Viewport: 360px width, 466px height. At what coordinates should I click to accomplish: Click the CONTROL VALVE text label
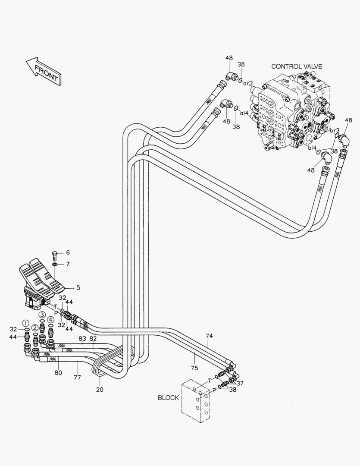click(297, 66)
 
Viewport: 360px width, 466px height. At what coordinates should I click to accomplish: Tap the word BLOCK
click(168, 397)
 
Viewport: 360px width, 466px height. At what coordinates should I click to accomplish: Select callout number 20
click(100, 390)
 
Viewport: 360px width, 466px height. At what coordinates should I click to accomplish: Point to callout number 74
click(209, 336)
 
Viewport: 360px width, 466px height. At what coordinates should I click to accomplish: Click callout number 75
click(194, 368)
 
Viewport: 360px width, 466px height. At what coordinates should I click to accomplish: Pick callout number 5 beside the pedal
click(78, 287)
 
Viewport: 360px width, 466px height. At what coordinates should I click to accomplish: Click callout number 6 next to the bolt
click(68, 252)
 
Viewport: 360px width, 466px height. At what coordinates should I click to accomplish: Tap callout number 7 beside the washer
click(68, 264)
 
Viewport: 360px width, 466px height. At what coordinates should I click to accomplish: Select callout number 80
click(58, 372)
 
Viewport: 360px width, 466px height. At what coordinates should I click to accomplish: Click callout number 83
click(82, 339)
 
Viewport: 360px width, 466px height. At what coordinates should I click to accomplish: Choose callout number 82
click(93, 339)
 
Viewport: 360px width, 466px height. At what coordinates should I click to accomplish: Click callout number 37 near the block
click(240, 384)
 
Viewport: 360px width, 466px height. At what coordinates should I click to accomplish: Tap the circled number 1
click(26, 323)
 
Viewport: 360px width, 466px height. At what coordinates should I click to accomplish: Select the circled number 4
click(50, 320)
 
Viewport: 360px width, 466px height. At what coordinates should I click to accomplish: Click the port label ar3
click(248, 83)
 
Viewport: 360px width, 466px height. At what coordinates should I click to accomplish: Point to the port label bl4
click(312, 148)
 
